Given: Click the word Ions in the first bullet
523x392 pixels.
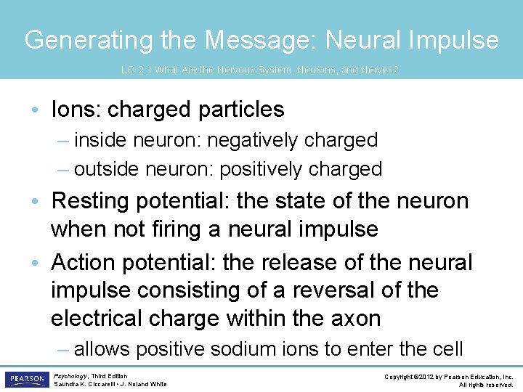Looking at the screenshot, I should click(x=76, y=110).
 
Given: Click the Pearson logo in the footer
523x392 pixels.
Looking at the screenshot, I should click(x=26, y=380).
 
